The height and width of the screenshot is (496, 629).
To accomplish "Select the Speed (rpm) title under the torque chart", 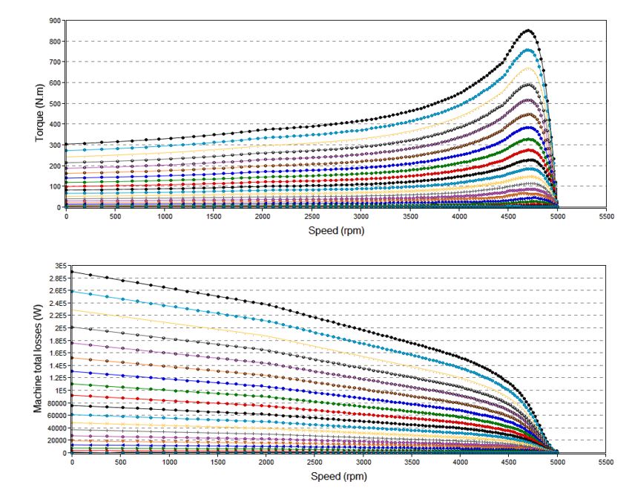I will pyautogui.click(x=336, y=230).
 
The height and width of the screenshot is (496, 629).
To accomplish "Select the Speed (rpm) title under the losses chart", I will pyautogui.click(x=338, y=476).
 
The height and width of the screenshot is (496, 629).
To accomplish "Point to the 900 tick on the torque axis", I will pyautogui.click(x=54, y=21).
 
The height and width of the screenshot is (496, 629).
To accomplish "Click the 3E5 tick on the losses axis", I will pyautogui.click(x=59, y=266).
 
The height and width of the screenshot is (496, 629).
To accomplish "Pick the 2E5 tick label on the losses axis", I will pyautogui.click(x=59, y=328).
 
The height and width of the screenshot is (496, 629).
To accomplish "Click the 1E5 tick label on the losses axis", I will pyautogui.click(x=59, y=391).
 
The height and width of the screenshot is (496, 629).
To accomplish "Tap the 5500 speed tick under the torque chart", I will pyautogui.click(x=606, y=216).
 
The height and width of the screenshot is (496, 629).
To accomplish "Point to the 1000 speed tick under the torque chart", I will pyautogui.click(x=165, y=216).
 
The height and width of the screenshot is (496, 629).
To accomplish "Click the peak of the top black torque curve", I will pyautogui.click(x=528, y=30).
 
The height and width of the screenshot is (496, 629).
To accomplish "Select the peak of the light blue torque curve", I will pyautogui.click(x=528, y=50).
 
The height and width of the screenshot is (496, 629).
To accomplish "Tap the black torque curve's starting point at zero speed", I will pyautogui.click(x=66, y=144).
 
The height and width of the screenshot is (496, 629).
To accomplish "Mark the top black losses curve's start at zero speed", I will pyautogui.click(x=72, y=272).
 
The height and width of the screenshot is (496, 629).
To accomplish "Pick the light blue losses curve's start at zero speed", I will pyautogui.click(x=72, y=291).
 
